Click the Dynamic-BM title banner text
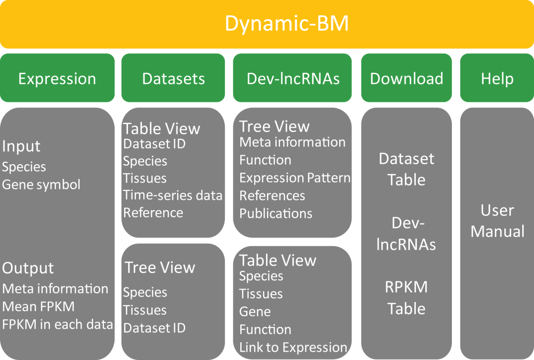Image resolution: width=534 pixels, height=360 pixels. pyautogui.click(x=286, y=24)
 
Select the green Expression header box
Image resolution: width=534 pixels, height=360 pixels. pyautogui.click(x=57, y=79)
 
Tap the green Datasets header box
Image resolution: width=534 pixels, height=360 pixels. pyautogui.click(x=173, y=79)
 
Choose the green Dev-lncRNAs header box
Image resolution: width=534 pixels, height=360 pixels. pyautogui.click(x=293, y=79)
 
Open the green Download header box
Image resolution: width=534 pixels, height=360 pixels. pyautogui.click(x=406, y=79)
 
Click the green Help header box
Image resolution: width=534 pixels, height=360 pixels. pyautogui.click(x=497, y=79)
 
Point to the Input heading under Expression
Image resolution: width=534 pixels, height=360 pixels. pyautogui.click(x=21, y=146)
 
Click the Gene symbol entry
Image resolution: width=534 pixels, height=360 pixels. pyautogui.click(x=41, y=184)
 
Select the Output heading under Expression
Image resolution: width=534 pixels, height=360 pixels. pyautogui.click(x=28, y=268)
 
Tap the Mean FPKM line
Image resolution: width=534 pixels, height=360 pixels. pyautogui.click(x=39, y=307)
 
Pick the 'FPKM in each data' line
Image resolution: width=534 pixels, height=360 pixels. pyautogui.click(x=58, y=324)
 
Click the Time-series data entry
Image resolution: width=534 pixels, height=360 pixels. pyautogui.click(x=173, y=195)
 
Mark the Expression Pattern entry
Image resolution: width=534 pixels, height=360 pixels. pyautogui.click(x=295, y=178)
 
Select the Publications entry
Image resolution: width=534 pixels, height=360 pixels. pyautogui.click(x=276, y=213)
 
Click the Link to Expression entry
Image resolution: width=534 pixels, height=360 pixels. pyautogui.click(x=293, y=347)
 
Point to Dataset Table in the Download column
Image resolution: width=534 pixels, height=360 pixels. pyautogui.click(x=406, y=169)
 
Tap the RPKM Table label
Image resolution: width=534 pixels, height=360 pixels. pyautogui.click(x=406, y=298)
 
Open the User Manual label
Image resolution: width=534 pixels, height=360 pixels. pyautogui.click(x=497, y=221)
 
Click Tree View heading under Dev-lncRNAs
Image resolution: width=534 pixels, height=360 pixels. pyautogui.click(x=274, y=127)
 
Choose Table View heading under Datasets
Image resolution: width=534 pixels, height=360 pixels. pyautogui.click(x=162, y=129)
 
